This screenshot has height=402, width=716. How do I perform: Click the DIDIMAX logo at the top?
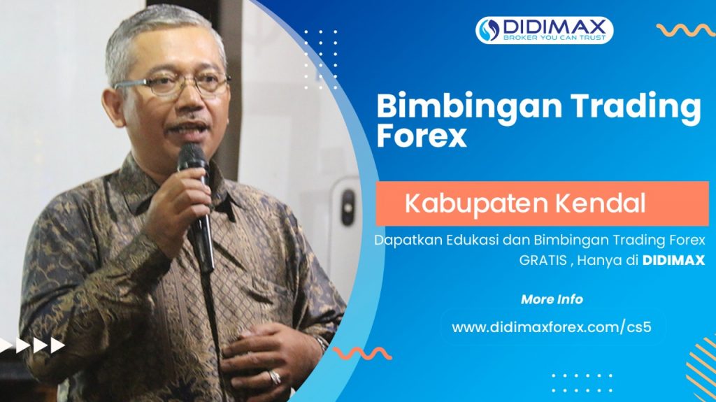544,30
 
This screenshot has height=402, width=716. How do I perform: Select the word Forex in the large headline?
422,136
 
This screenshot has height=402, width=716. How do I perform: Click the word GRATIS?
543,260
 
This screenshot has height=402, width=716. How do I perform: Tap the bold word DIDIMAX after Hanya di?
673,260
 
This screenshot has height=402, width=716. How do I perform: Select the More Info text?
552,299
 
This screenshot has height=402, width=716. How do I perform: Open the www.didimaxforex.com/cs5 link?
551,327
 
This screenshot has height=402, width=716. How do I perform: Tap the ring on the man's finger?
274,378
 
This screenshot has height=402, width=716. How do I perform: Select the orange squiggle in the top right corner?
686,30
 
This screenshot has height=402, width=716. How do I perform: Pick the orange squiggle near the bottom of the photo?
362,353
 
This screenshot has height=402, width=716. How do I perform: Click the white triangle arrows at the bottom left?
32,345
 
